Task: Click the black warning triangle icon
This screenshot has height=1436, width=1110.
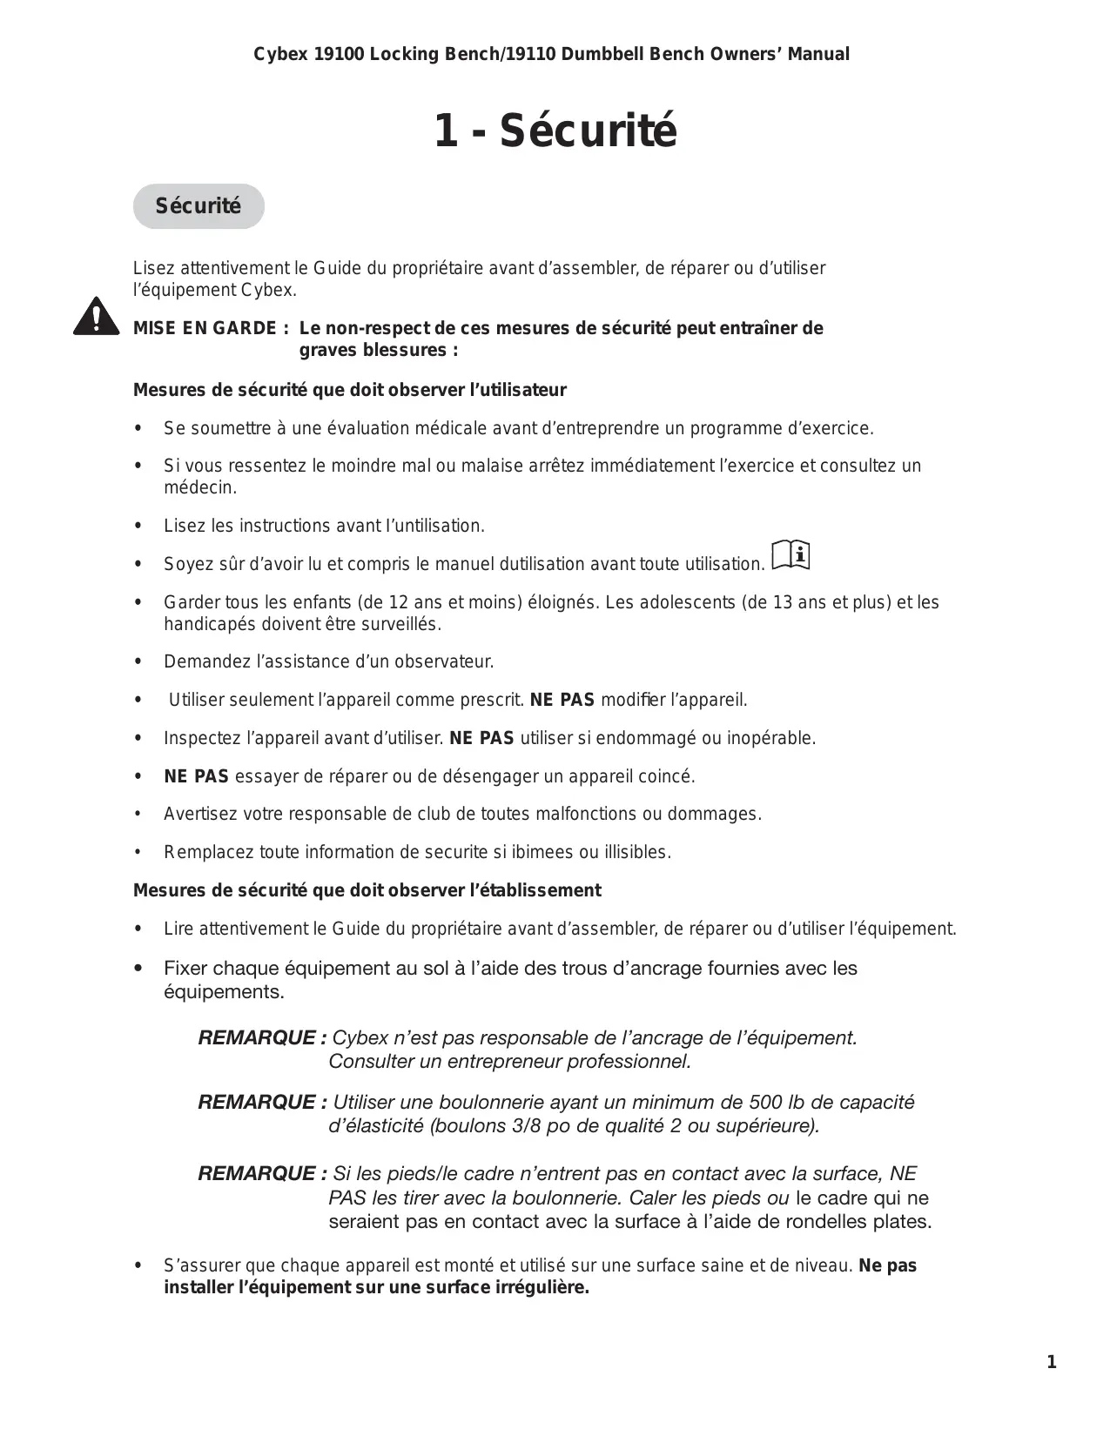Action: point(96,317)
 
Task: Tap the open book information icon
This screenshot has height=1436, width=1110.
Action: point(790,555)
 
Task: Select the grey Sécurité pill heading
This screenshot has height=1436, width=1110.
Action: point(198,206)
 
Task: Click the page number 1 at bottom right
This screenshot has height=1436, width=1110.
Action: point(1052,1362)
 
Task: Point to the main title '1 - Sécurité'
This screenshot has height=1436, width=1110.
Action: point(555,131)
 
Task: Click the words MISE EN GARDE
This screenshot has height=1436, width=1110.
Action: point(205,329)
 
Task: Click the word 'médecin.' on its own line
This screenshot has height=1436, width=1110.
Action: point(200,487)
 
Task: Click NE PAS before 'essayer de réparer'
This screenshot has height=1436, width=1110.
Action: point(196,776)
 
